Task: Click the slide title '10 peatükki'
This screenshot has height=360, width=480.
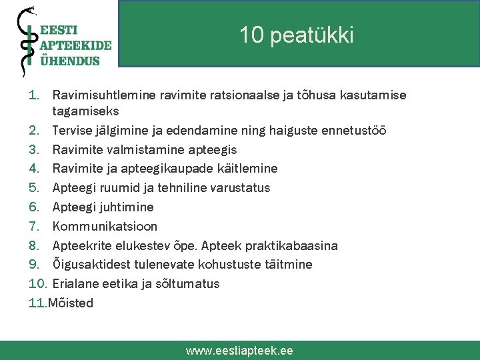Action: pos(297,35)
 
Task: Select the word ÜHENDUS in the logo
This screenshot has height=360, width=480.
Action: pos(70,60)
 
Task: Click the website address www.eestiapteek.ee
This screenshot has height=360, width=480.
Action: pos(239,350)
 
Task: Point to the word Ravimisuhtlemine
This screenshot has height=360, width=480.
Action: pos(101,95)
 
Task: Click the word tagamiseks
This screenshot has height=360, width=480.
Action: pos(85,111)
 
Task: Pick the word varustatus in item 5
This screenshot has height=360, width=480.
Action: pos(240,187)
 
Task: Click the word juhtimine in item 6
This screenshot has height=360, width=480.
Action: pos(127,207)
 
